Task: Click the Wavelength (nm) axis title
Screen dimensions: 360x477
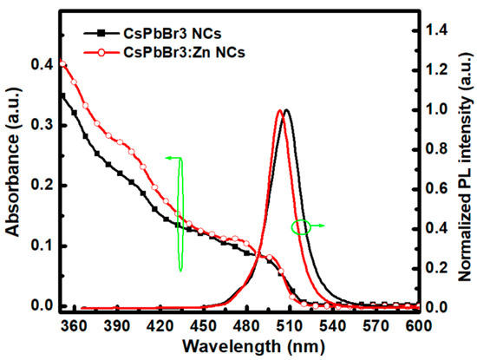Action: (x=241, y=344)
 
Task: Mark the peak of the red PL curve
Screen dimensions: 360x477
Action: (x=279, y=110)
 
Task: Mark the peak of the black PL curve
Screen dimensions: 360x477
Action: (x=286, y=110)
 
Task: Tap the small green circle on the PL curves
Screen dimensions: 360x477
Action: (x=301, y=227)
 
